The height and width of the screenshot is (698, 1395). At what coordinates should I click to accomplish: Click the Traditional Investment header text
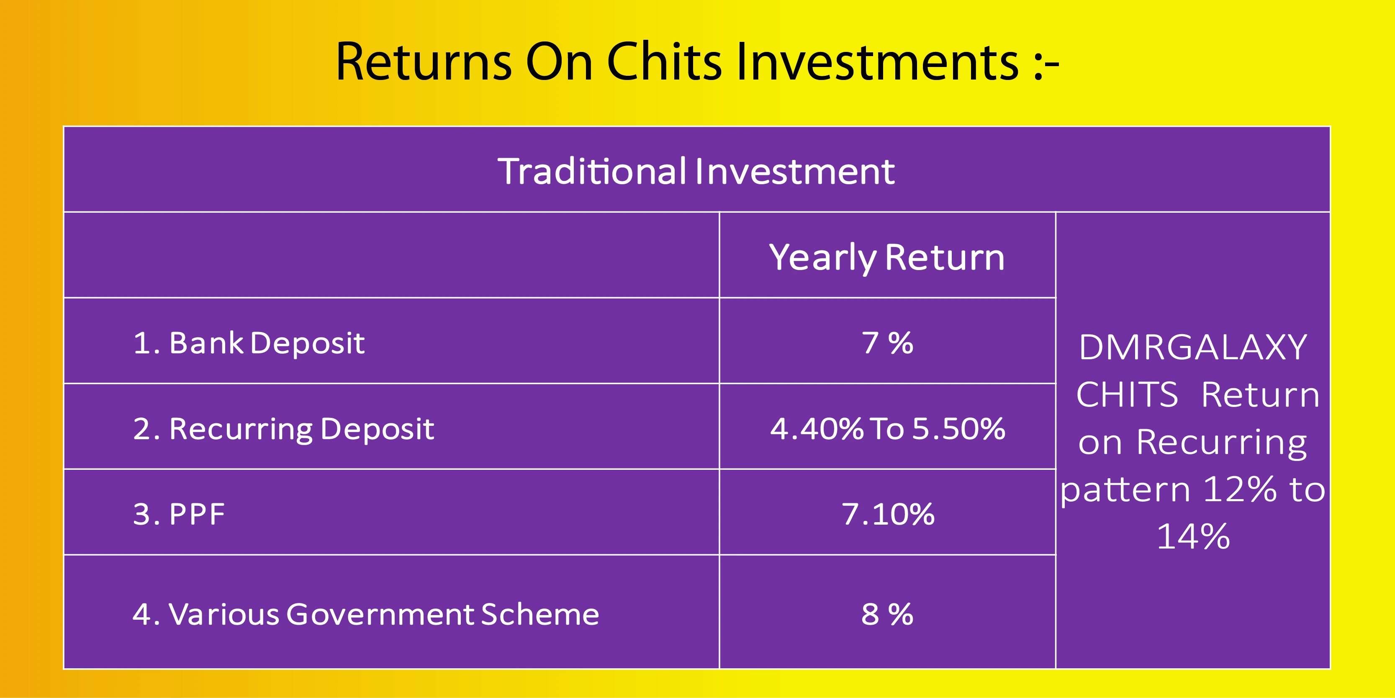[x=696, y=171]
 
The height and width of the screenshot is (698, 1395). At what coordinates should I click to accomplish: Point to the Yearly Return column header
[x=887, y=258]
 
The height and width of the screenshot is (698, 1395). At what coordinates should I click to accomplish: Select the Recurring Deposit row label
[x=283, y=430]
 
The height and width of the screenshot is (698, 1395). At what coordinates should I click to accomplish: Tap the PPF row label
[x=179, y=514]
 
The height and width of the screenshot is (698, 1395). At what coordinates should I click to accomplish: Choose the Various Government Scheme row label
[x=366, y=615]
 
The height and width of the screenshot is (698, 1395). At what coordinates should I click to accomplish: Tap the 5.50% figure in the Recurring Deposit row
[x=959, y=429]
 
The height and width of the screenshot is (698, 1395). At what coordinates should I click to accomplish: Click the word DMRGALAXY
[x=1193, y=348]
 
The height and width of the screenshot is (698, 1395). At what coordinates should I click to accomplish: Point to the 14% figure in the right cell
[x=1193, y=536]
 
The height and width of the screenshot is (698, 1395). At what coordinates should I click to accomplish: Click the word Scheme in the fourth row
[x=540, y=615]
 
